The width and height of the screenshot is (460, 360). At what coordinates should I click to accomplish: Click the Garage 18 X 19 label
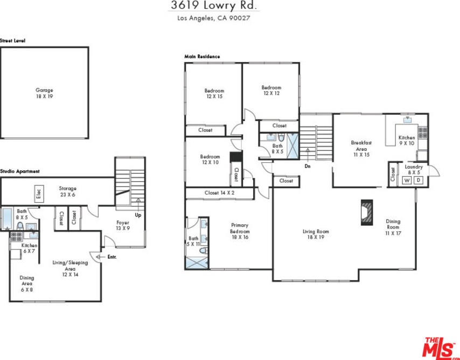(44, 93)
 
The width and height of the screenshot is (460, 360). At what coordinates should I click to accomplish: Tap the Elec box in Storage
(39, 194)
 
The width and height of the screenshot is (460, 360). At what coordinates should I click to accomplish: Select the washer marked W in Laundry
(407, 181)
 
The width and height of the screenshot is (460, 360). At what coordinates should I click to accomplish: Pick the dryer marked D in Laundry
(419, 180)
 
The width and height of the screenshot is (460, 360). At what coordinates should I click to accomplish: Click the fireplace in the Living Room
(367, 212)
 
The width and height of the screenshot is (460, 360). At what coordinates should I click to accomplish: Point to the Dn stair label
(308, 166)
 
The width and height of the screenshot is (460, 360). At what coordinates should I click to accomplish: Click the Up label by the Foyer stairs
(138, 215)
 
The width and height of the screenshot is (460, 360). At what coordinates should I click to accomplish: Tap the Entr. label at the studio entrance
(112, 257)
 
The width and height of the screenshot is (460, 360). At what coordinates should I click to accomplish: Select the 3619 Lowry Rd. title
(213, 5)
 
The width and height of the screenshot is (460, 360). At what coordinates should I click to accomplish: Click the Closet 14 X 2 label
(219, 193)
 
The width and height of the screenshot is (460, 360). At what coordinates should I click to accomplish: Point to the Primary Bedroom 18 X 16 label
(240, 231)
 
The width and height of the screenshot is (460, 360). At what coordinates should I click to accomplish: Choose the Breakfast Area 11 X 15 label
(361, 149)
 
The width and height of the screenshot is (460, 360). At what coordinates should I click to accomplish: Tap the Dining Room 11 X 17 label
(393, 227)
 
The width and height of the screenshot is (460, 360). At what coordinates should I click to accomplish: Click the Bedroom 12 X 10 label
(210, 160)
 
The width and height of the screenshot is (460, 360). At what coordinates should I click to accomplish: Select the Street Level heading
(12, 41)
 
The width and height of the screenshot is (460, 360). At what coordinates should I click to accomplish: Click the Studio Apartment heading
(19, 171)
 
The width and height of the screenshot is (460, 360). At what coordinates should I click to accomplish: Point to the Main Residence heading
(202, 57)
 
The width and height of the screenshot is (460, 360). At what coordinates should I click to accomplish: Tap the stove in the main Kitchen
(422, 133)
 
